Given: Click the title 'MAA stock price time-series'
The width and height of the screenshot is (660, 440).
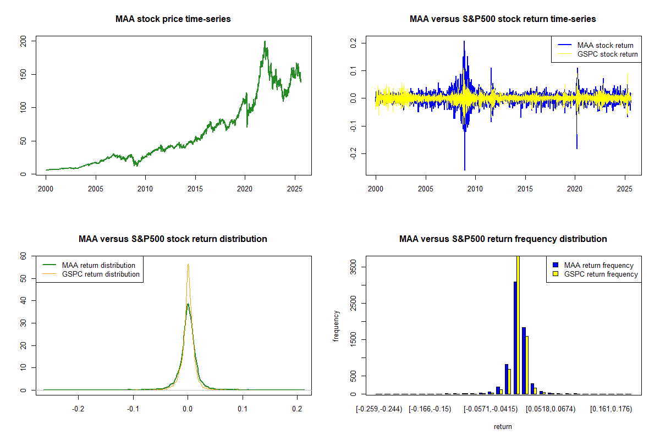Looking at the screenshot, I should click(x=173, y=19).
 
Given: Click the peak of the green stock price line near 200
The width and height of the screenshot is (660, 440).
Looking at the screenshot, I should click(x=265, y=42).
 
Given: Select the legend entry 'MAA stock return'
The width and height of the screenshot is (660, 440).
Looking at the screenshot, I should click(x=605, y=45).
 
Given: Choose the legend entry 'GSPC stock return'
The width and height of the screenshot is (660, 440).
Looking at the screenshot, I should click(x=607, y=54).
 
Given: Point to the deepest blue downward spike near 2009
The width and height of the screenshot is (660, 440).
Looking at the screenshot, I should click(x=465, y=169).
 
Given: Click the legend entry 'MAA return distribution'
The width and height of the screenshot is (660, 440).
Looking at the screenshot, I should click(x=98, y=265).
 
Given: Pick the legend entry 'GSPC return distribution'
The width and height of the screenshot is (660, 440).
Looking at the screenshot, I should click(x=101, y=274).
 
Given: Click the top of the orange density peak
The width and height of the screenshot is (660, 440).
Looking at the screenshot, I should click(x=188, y=265).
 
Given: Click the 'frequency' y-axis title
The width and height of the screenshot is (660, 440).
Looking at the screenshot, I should click(x=336, y=326).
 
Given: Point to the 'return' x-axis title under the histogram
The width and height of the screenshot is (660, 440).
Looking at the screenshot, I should click(x=503, y=426).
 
